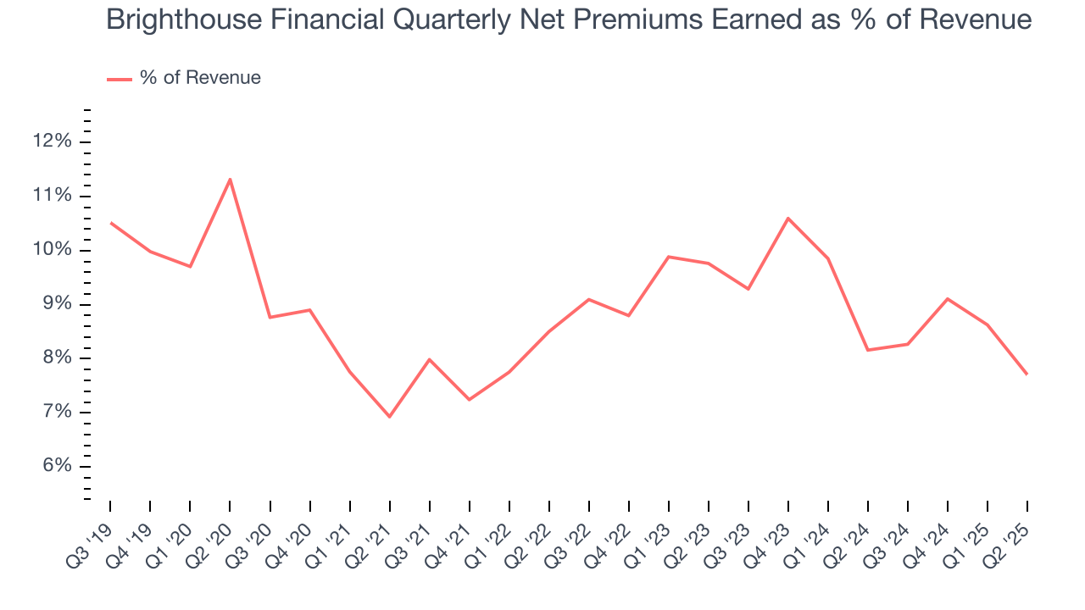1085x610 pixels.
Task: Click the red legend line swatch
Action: point(120,79)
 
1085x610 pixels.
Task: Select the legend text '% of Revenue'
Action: point(200,78)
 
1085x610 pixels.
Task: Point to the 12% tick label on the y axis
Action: point(53,141)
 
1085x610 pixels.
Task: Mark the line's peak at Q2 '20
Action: point(230,179)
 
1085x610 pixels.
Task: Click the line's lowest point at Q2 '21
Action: point(389,417)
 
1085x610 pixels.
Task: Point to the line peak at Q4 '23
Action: point(788,219)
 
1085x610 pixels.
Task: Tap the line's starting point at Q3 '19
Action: point(110,223)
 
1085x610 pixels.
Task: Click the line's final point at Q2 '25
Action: point(1027,374)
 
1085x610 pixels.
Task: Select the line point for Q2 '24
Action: point(868,350)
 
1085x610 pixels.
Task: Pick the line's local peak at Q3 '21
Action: point(429,359)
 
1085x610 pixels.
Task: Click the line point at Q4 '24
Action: point(948,298)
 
